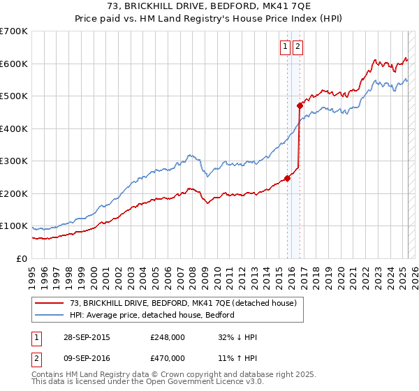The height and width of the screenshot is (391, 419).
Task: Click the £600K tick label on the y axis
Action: (14, 64)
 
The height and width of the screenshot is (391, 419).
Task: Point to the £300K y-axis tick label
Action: (14, 161)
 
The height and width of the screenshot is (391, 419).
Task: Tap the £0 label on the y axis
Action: (22, 258)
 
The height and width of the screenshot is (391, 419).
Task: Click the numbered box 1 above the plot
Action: (286, 47)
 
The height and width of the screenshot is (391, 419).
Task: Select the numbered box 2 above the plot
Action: (297, 47)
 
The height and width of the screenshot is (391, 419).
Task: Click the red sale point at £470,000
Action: (299, 106)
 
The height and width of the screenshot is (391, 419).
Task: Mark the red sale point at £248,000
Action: (287, 178)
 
